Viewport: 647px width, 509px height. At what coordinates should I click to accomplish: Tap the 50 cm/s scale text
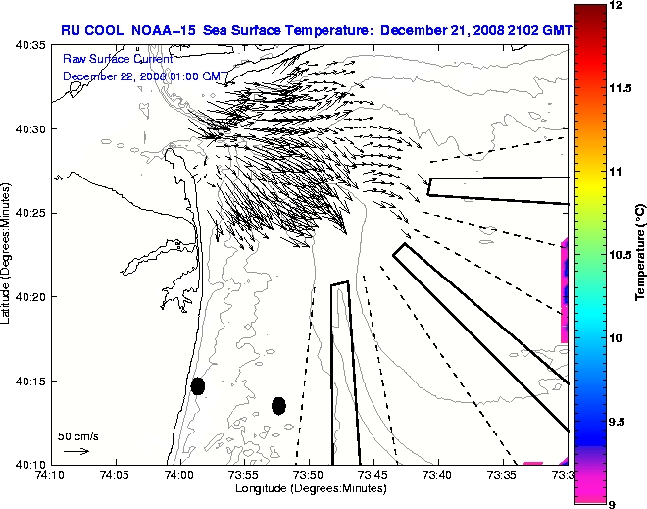point(78,436)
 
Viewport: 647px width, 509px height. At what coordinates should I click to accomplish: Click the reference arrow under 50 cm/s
point(76,451)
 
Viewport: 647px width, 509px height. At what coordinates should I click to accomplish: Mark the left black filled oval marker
point(197,385)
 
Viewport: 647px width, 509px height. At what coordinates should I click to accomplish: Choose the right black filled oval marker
point(278,405)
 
